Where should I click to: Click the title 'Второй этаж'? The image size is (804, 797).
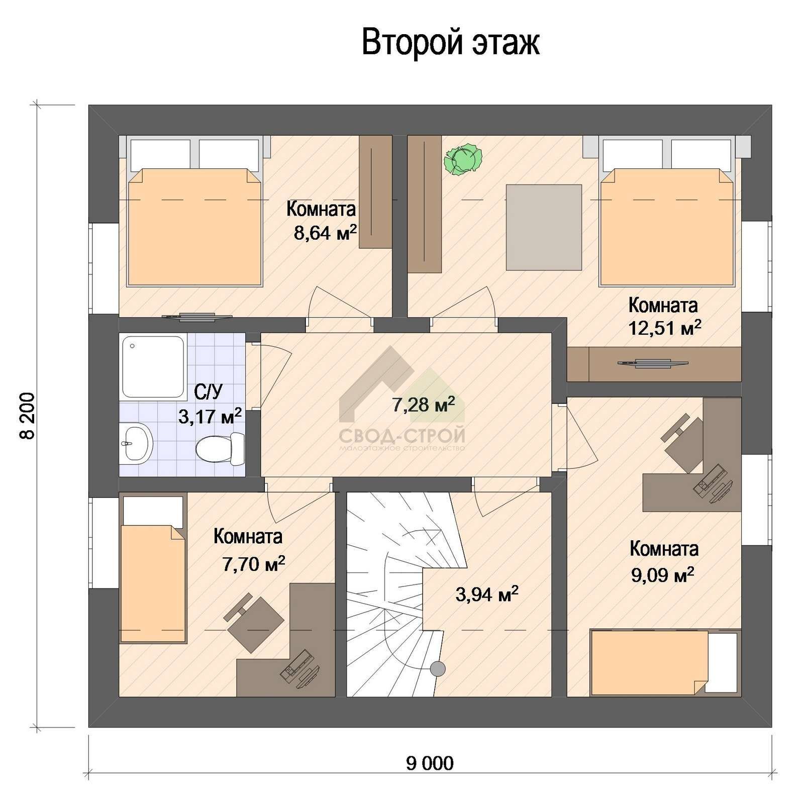pos(451,43)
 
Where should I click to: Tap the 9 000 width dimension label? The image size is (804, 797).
pos(429,763)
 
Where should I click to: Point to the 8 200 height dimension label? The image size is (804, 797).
pos(28,416)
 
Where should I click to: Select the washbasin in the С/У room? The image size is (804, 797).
pos(136,441)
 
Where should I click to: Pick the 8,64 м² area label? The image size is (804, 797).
pos(325,233)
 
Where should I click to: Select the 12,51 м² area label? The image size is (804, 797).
pos(664,328)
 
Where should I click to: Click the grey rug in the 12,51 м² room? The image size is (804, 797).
pos(544,227)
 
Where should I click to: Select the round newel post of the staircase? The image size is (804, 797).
pos(438,668)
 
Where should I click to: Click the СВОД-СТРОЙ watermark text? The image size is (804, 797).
pos(402,434)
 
